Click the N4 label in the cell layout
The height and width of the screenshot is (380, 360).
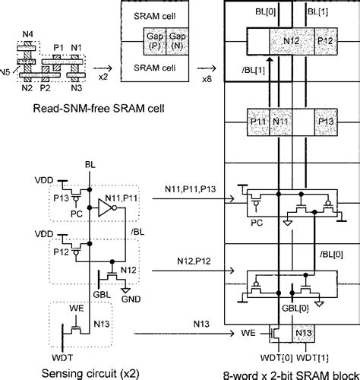28,34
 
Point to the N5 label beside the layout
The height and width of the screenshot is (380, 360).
6,74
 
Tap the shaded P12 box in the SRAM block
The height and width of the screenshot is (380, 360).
327,40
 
